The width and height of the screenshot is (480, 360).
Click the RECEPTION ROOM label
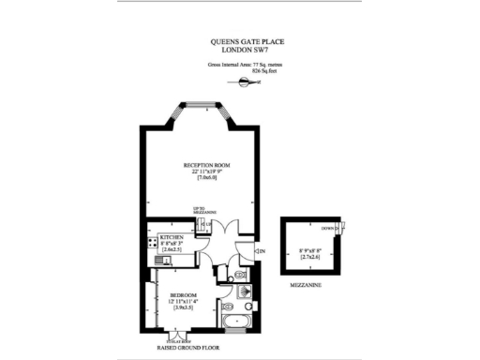[x=206, y=166]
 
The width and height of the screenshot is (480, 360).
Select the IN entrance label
[x=262, y=250]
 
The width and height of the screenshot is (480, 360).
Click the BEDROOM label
[x=184, y=294]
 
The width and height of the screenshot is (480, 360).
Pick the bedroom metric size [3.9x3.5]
[x=184, y=307]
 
